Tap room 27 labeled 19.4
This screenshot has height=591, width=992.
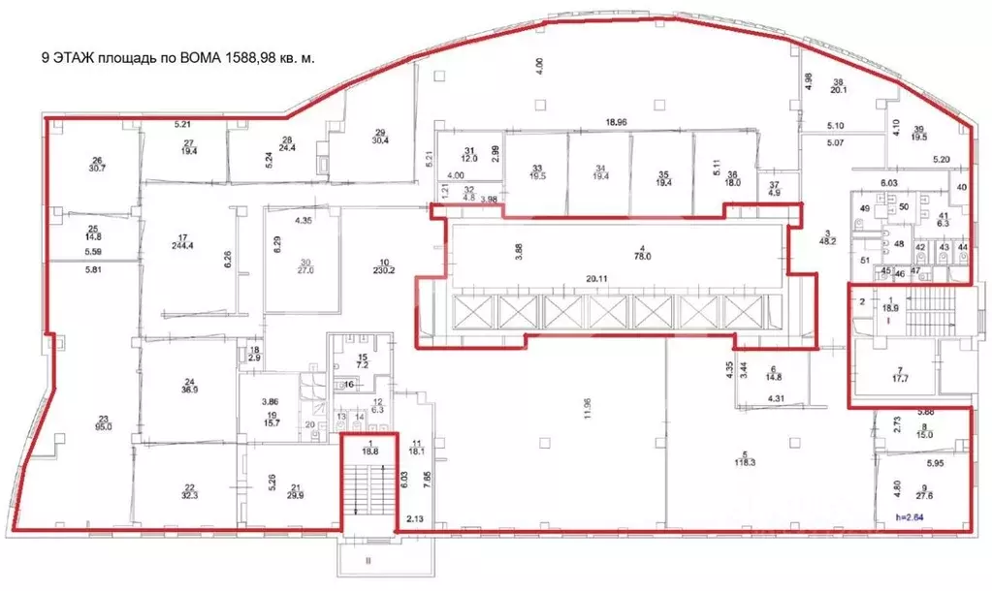tap(188, 146)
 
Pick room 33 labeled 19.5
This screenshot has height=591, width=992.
tap(535, 171)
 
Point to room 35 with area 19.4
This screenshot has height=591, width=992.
tap(663, 171)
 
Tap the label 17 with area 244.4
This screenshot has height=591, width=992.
tap(182, 240)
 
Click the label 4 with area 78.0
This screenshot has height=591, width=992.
tap(612, 253)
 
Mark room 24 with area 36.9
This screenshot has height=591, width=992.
tap(190, 384)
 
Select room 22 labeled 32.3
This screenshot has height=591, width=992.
tap(189, 490)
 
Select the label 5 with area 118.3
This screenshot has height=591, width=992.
tap(745, 458)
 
